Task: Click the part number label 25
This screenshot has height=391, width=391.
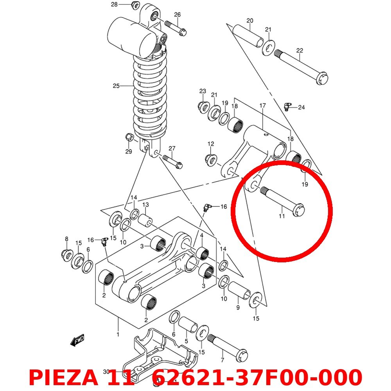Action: click(x=116, y=86)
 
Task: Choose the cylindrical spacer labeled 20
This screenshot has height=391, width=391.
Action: click(x=249, y=35)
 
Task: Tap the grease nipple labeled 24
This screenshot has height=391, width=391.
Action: click(x=288, y=106)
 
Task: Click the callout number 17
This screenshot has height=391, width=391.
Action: click(x=262, y=106)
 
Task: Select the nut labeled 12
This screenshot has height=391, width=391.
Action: click(x=212, y=159)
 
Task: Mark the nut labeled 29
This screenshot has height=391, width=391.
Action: click(x=129, y=138)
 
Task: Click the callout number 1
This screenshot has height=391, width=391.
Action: click(x=118, y=334)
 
